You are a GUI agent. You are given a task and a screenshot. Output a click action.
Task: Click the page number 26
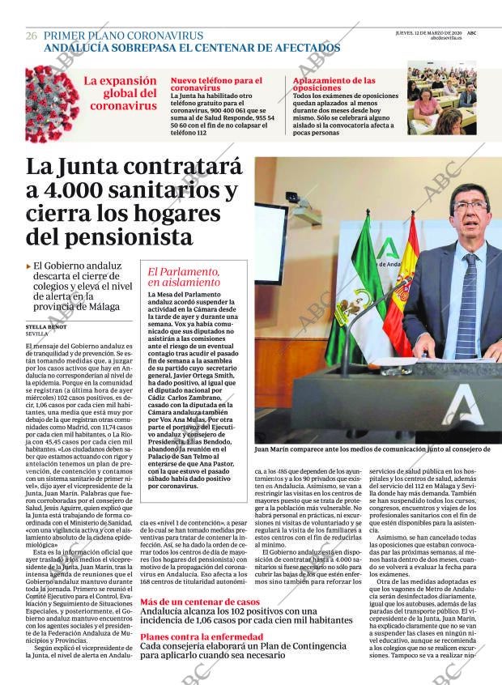point(32,36)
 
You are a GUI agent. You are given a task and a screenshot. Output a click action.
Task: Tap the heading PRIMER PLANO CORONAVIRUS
point(123,36)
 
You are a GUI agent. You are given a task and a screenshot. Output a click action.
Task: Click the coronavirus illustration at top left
point(52,104)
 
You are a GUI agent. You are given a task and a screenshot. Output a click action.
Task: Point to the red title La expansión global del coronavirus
point(121,93)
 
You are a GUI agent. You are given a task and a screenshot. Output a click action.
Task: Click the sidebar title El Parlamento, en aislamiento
point(184,278)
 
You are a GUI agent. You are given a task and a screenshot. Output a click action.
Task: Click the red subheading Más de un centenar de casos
point(199,602)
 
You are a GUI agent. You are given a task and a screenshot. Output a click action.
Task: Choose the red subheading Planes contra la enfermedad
point(201,637)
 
